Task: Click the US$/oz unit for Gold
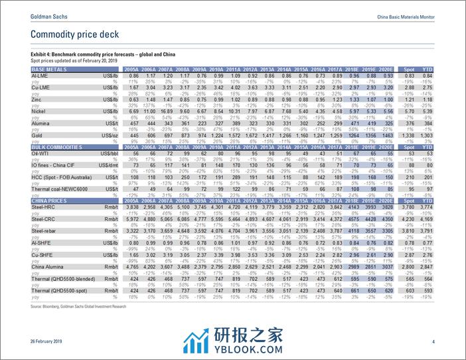coord(108,135)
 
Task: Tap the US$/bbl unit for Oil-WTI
coord(108,153)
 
